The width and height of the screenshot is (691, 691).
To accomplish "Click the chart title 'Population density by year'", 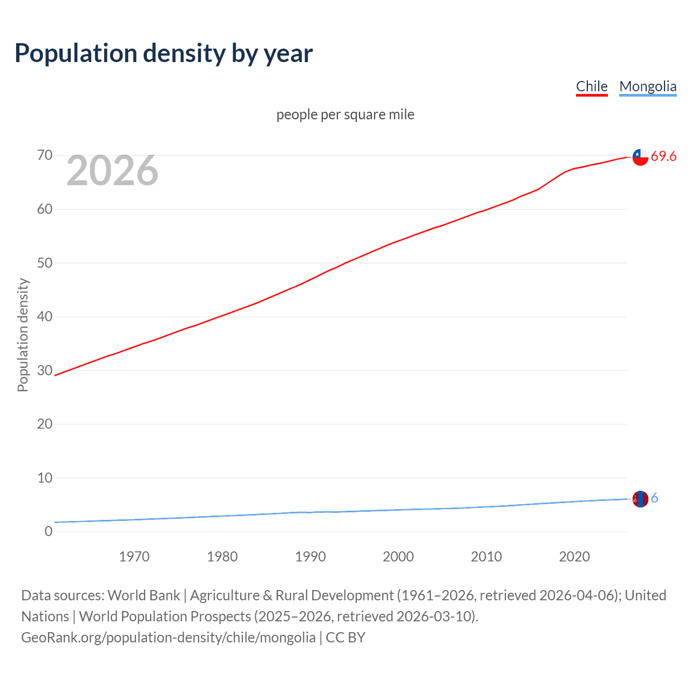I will pos(164,53).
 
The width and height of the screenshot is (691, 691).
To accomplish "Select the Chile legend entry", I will pos(592,86).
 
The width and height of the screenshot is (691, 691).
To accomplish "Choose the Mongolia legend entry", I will pos(647,86).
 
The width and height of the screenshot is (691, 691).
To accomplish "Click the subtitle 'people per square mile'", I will pos(345,115).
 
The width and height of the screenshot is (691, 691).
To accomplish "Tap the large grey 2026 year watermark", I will pos(112,171).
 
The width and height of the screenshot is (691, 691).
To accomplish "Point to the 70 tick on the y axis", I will pos(45,155).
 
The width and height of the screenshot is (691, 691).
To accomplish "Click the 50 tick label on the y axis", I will pos(45,263).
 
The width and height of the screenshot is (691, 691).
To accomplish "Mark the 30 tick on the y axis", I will pos(45,370).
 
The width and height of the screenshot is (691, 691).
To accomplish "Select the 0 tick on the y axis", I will pos(49,531).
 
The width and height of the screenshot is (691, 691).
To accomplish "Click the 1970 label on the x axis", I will pos(134,557).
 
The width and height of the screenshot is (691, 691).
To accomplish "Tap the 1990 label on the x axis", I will pos(310,557).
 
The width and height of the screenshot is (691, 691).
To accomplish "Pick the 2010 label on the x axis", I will pos(486,557).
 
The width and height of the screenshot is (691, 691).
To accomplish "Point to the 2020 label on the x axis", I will pos(574,557).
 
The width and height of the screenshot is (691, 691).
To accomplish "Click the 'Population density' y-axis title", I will pos(23,335).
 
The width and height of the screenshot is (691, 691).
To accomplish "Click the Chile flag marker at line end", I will pos(640,157).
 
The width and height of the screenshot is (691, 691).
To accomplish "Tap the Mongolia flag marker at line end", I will pos(640,499).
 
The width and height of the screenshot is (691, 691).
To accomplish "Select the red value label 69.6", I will pos(663,157).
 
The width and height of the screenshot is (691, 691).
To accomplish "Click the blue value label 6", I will pos(654,498).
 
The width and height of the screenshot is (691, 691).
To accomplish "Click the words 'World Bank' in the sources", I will pos(144,595).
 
